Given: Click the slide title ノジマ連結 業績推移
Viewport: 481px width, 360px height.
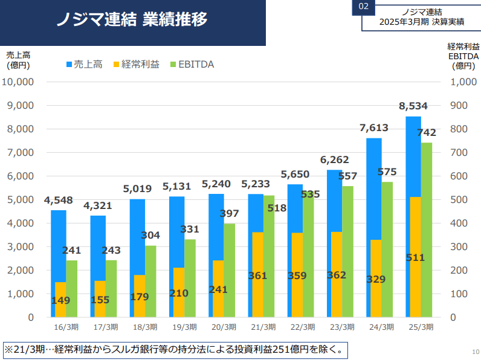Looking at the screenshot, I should click(x=132, y=20).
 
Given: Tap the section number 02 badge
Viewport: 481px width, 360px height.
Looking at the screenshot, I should click(x=363, y=7).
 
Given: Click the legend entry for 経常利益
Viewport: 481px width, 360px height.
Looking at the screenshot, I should click(x=135, y=64).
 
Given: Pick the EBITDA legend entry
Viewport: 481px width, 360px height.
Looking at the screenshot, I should click(x=191, y=64).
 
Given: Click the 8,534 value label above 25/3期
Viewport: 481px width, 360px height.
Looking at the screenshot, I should click(x=413, y=106).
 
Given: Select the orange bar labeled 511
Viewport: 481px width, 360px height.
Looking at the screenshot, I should click(x=415, y=257).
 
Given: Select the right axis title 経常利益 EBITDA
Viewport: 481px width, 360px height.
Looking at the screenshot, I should click(x=463, y=56).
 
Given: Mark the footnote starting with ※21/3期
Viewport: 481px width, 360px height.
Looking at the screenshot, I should click(x=176, y=349).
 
